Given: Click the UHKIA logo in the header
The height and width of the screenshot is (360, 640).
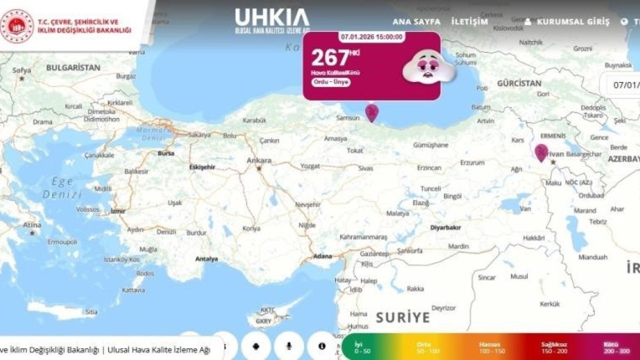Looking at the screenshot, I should point(272,20).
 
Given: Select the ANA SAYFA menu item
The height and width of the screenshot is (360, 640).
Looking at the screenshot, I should point(416,22).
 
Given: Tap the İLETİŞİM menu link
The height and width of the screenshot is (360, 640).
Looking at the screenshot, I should point(469,22).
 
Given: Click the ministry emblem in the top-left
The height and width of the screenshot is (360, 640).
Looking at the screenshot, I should point(17,26).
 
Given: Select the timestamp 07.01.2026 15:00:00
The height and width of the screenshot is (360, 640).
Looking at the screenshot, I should point(372,37).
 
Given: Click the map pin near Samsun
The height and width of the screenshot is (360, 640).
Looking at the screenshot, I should point(371,112).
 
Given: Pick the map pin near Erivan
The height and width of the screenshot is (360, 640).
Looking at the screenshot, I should point(541,152).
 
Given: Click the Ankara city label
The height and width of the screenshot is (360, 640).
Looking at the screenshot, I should point(259,160).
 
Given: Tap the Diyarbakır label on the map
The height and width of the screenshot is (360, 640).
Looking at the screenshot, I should point(445,227).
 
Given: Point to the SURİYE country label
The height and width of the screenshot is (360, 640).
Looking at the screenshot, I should point(402,317).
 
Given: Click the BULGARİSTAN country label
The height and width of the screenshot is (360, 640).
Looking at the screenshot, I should point(73,67).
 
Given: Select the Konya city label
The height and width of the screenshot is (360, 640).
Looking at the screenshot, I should point(251,228).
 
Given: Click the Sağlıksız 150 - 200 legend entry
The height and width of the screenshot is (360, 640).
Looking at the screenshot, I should point(554,348).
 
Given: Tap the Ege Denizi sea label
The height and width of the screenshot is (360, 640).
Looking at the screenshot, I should point(62,188).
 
